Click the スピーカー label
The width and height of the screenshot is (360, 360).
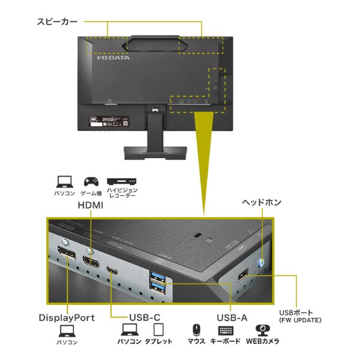coord(57,22)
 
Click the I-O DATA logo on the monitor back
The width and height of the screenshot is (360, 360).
coord(113,58)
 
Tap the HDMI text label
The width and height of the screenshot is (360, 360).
coord(91,205)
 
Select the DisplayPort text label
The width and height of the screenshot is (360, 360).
coord(67,318)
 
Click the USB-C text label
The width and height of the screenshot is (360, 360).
coord(145,317)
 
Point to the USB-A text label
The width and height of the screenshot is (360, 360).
coord(232,318)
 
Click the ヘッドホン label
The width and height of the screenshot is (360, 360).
coord(262,202)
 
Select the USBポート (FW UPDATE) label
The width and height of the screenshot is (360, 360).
coord(300,316)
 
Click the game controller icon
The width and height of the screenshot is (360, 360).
coord(91,181)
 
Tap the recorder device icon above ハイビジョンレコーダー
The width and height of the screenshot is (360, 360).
coord(122,181)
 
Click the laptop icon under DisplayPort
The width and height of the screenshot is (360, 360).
coord(67,331)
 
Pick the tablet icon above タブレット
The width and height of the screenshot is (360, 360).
coord(158,329)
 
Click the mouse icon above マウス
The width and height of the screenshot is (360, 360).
coord(196,330)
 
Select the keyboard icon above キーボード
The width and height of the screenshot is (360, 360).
coord(226,331)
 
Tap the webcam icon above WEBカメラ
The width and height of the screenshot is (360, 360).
coord(263,330)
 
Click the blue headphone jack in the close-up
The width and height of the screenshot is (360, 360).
coord(262,262)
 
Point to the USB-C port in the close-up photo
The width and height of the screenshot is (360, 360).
coord(112,271)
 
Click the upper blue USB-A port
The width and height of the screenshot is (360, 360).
coord(157,275)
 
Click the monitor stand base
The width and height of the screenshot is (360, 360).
coord(155,153)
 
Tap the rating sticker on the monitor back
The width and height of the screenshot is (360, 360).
coord(109,121)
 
